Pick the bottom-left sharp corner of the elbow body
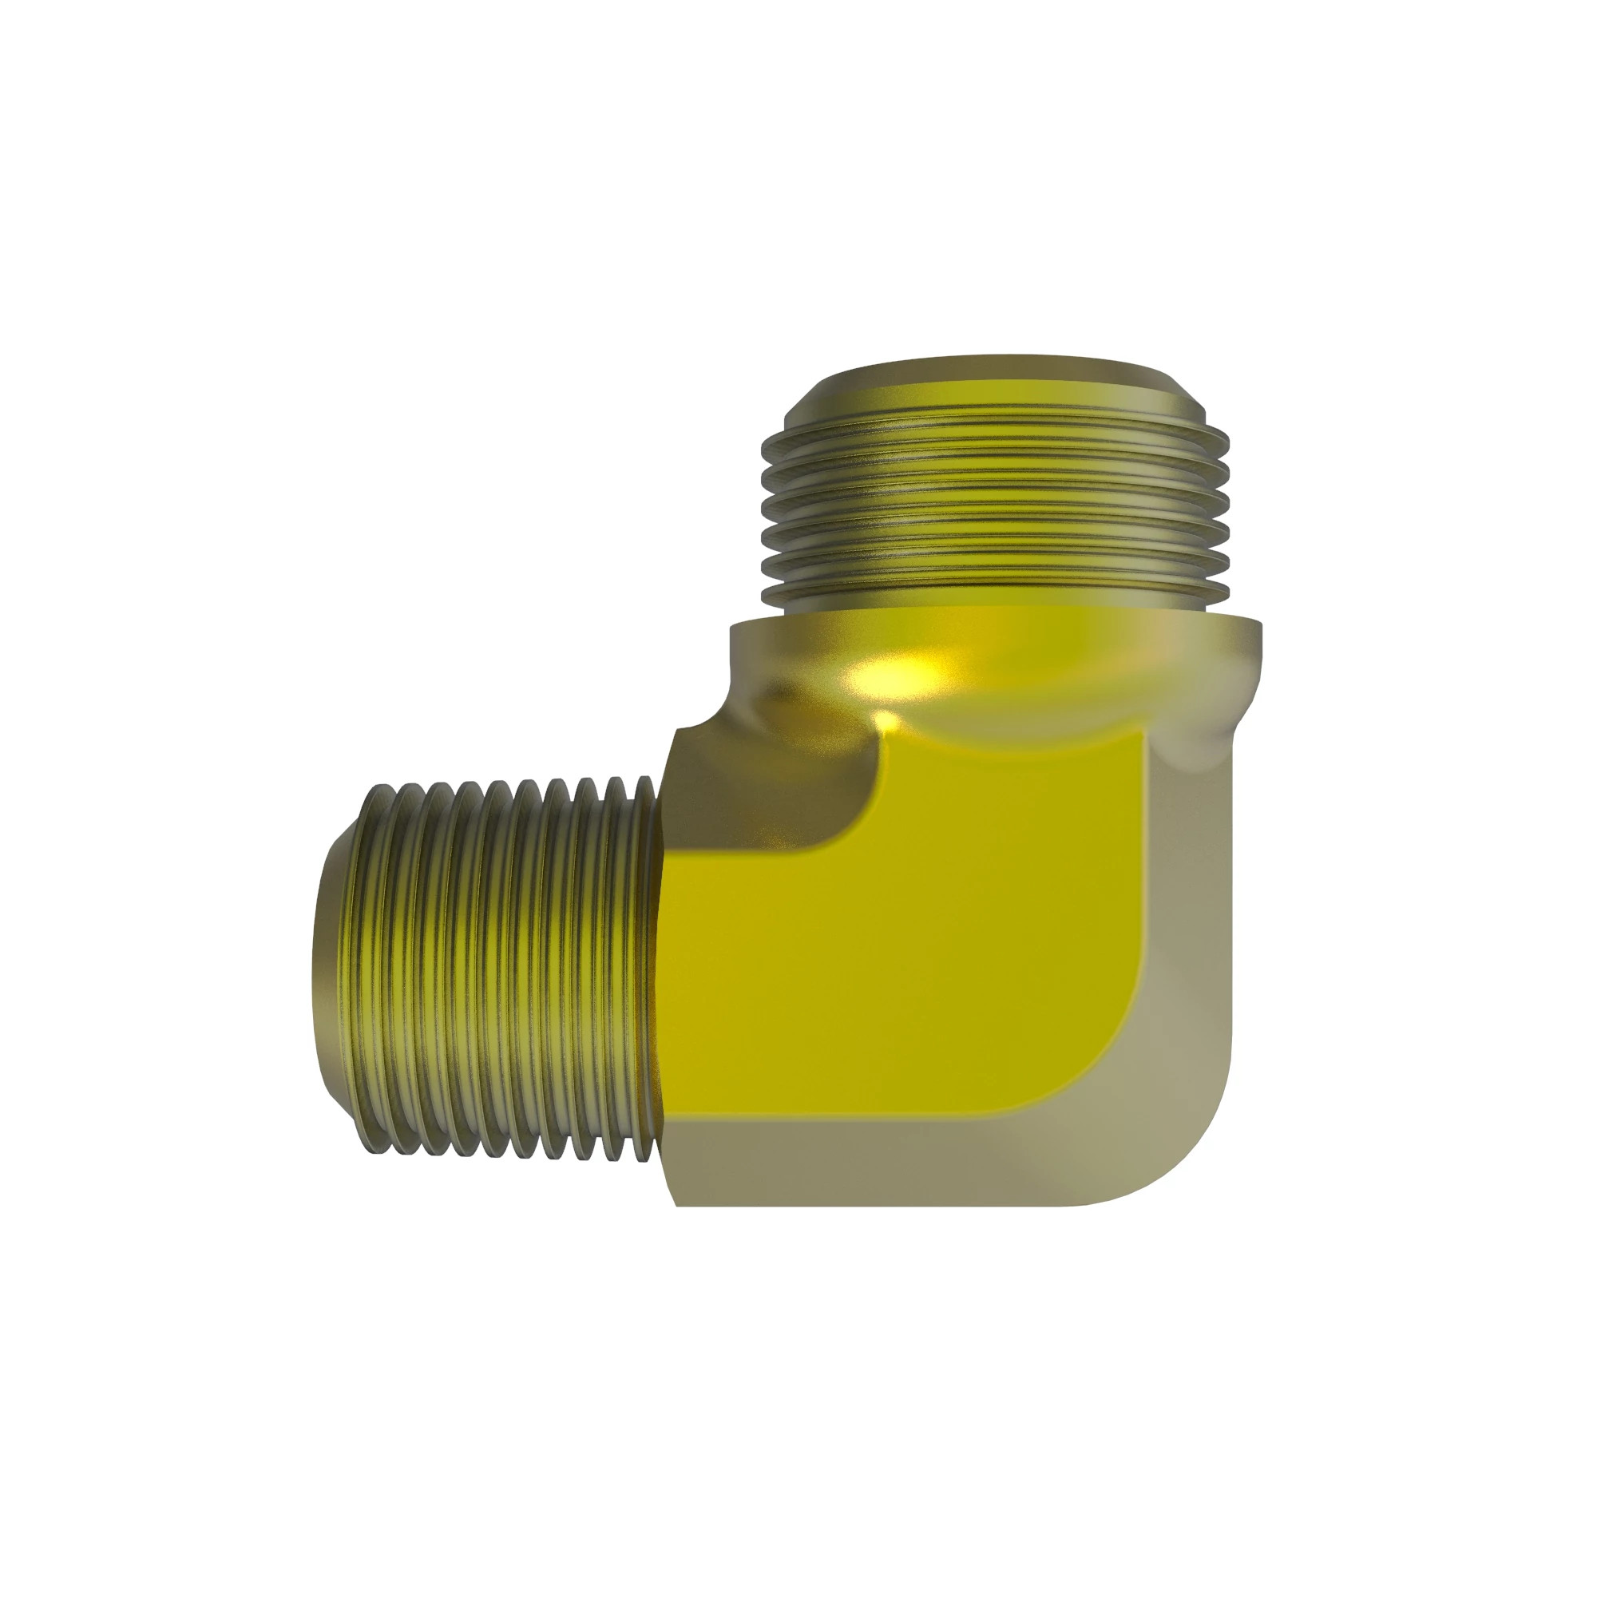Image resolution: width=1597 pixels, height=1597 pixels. tap(678, 1204)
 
